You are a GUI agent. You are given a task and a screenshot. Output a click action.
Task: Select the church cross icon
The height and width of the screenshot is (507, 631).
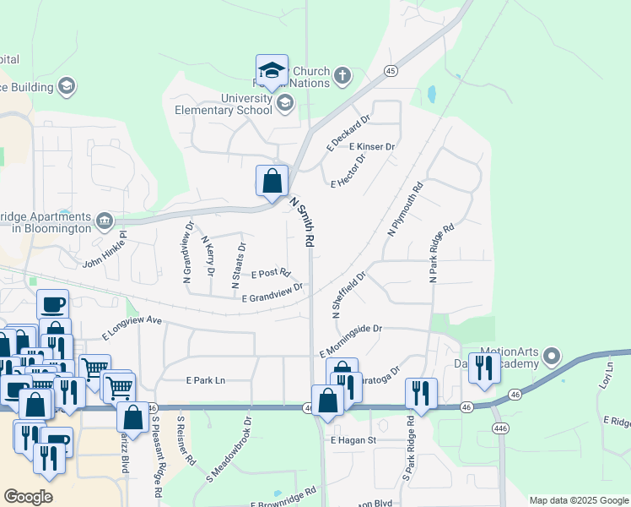click(342, 76)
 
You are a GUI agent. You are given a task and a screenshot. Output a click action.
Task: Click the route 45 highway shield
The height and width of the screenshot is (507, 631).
click(390, 71)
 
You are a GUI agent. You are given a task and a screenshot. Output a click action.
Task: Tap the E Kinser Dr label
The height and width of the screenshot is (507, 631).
click(372, 146)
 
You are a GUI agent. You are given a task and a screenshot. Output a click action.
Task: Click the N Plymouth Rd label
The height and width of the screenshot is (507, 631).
click(403, 210)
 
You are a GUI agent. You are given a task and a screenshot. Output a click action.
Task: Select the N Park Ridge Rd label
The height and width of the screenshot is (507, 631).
click(441, 252)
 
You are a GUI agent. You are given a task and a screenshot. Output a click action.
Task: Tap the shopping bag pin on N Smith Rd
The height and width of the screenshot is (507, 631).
click(272, 180)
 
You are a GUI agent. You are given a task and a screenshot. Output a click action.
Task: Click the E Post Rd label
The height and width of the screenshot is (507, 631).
click(271, 274)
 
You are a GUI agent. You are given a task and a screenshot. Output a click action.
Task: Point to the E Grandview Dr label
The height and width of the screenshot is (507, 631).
click(272, 294)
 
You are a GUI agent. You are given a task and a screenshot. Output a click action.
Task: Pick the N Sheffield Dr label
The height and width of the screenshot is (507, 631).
click(349, 294)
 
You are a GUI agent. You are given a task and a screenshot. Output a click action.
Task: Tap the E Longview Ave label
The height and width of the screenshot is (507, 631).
click(132, 326)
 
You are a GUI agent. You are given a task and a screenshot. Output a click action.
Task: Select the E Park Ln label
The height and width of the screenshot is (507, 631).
click(206, 380)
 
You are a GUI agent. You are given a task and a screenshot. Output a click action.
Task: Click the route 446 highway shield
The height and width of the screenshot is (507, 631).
click(500, 427)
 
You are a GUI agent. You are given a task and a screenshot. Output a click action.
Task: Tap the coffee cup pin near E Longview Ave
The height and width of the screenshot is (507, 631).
click(52, 303)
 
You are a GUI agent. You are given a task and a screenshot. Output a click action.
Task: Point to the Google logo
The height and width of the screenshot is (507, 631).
click(29, 497)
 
